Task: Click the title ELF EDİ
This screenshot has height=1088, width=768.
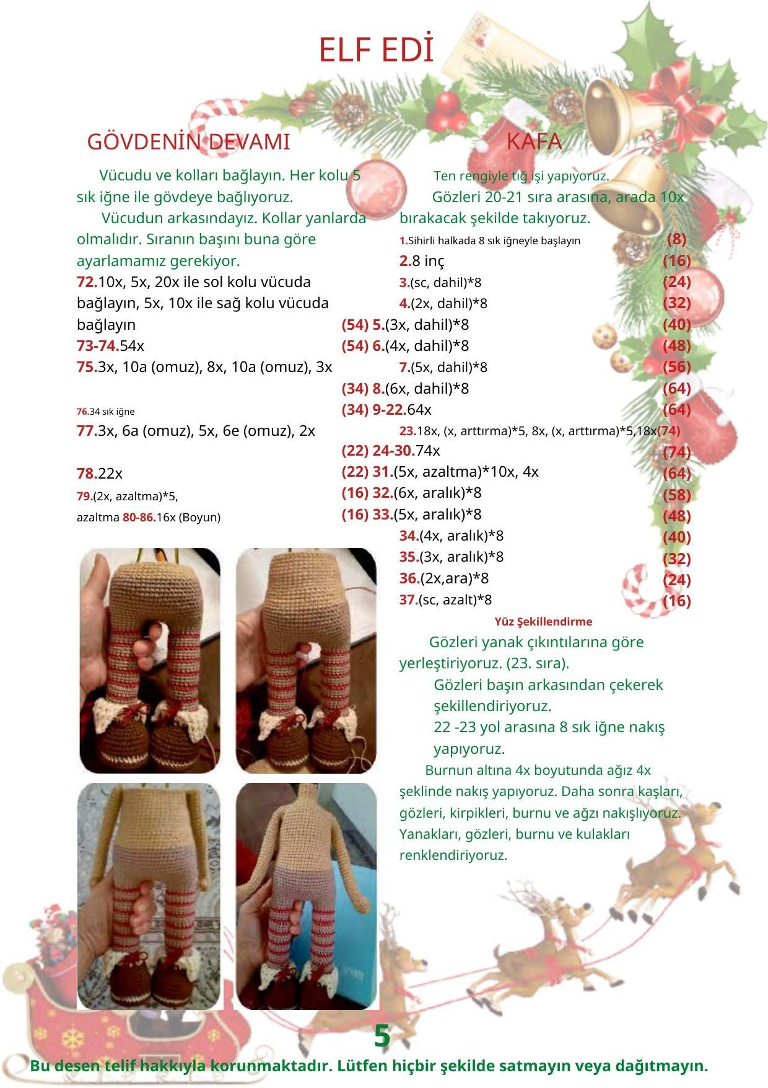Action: [375, 51]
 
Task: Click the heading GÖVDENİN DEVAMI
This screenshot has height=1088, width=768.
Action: [188, 142]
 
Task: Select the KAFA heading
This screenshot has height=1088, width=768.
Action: [534, 142]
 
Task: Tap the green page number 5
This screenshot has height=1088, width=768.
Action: [382, 1037]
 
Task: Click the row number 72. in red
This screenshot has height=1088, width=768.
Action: [87, 282]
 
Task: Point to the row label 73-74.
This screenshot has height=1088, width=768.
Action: [97, 346]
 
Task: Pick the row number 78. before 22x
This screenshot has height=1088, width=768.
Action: [87, 474]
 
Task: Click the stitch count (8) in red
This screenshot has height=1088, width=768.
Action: [676, 239]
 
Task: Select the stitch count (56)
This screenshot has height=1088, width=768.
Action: [676, 367]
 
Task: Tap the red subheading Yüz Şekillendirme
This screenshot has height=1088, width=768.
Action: [543, 621]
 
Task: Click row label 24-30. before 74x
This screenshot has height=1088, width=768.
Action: [393, 451]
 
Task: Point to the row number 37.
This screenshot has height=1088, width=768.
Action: [408, 600]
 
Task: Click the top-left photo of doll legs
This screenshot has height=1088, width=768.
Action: [150, 660]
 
